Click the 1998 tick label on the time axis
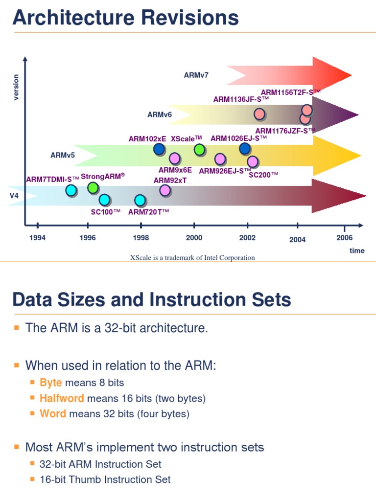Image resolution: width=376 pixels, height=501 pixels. click(141, 238)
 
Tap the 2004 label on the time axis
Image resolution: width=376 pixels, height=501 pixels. click(297, 240)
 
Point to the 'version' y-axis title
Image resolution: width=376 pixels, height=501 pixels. click(16, 87)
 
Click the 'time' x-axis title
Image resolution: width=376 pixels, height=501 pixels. click(357, 250)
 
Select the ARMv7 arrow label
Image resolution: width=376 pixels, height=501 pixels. click(196, 75)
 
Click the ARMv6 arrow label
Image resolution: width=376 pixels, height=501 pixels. click(160, 115)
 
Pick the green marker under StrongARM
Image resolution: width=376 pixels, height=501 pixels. click(93, 188)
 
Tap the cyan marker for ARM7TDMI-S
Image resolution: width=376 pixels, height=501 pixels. click(71, 190)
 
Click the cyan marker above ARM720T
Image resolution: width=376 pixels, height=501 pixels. click(140, 200)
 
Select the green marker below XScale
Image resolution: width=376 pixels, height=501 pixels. click(199, 150)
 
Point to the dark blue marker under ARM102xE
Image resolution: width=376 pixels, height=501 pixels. click(159, 149)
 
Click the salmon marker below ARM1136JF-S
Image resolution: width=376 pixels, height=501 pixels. click(259, 114)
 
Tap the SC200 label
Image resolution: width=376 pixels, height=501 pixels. click(263, 175)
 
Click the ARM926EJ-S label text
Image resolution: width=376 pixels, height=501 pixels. click(224, 171)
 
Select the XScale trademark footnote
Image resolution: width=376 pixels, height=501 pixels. click(192, 258)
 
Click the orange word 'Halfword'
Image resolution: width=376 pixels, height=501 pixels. click(62, 398)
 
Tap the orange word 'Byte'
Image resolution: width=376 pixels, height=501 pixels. click(51, 383)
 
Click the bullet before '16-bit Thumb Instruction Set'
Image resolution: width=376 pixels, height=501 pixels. click(33, 479)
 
